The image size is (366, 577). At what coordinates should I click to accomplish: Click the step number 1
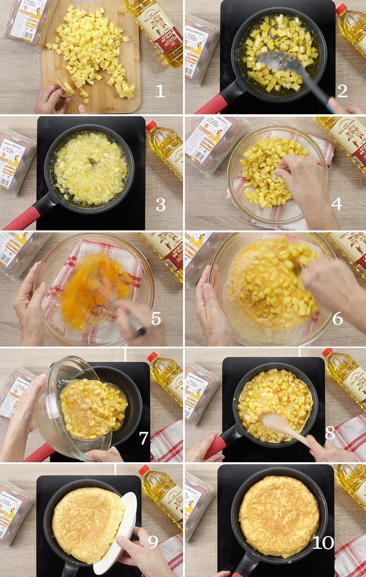pyautogui.click(x=160, y=91)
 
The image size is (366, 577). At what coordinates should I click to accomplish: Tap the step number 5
pyautogui.click(x=156, y=319)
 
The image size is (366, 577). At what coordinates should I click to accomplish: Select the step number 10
pyautogui.click(x=323, y=543)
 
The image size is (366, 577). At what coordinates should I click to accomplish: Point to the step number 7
pyautogui.click(x=144, y=438)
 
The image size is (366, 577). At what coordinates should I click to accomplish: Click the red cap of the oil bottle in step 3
pyautogui.click(x=151, y=126)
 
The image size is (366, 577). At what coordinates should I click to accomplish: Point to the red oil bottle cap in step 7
pyautogui.click(x=152, y=357)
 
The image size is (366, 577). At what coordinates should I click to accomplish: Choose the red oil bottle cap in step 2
pyautogui.click(x=341, y=9)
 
